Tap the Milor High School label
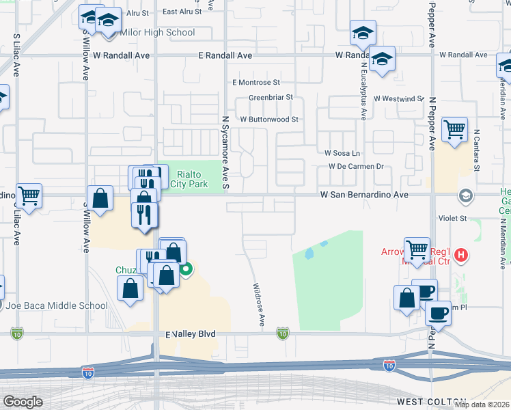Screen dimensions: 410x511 (157, 32)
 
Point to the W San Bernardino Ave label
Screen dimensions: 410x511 (364, 195)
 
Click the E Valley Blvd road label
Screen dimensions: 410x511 (191, 333)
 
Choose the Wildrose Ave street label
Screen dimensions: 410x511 (258, 305)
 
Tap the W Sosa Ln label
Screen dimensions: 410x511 (342, 153)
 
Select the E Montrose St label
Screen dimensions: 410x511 (256, 82)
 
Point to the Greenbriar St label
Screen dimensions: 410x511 (271, 98)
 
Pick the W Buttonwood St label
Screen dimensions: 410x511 (268, 119)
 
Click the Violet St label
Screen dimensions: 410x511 (452, 219)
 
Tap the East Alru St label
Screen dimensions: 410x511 (182, 12)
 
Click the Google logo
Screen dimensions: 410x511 (23, 402)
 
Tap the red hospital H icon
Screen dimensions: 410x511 (462, 256)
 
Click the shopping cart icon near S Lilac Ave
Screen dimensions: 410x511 (29, 196)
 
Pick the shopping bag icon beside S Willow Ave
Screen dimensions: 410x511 (100, 199)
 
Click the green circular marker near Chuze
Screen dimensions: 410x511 (185, 269)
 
